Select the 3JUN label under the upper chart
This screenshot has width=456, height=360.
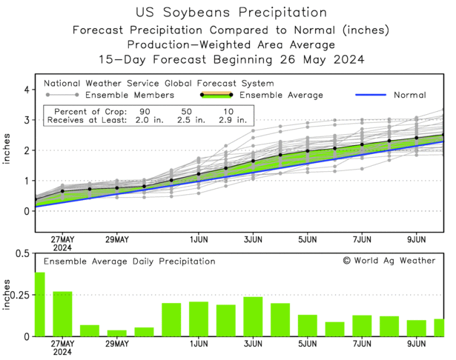253,239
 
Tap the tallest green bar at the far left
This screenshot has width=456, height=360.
39,304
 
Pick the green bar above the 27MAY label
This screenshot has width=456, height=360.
62,314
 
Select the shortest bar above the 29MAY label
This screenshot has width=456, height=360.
117,333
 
